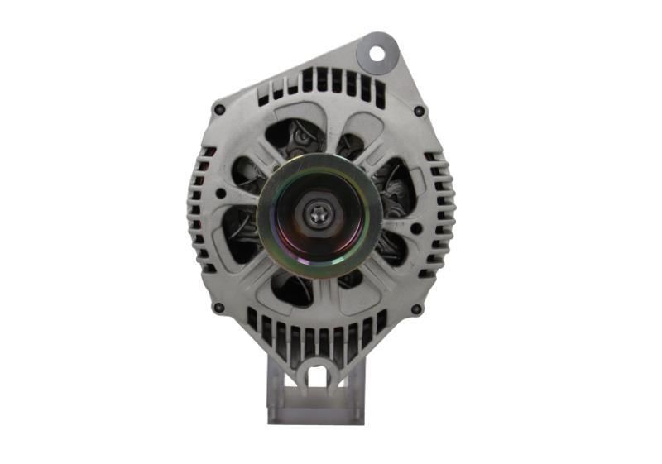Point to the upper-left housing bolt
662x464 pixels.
pyautogui.click(x=219, y=109)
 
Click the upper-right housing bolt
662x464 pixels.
pyautogui.click(x=420, y=111)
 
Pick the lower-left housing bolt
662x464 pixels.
pyautogui.click(x=218, y=308)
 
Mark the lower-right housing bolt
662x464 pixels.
pyautogui.click(x=415, y=309)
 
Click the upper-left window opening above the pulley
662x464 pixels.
pyautogui.click(x=290, y=136)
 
